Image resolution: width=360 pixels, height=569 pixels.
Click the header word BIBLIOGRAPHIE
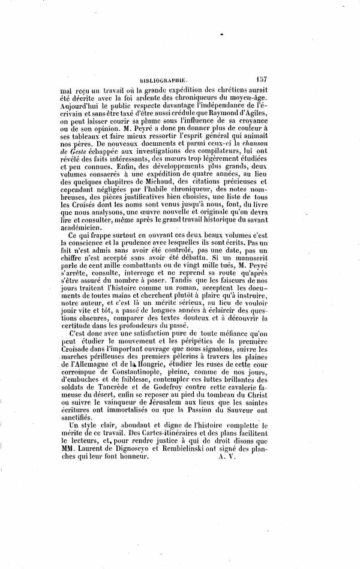164,78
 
